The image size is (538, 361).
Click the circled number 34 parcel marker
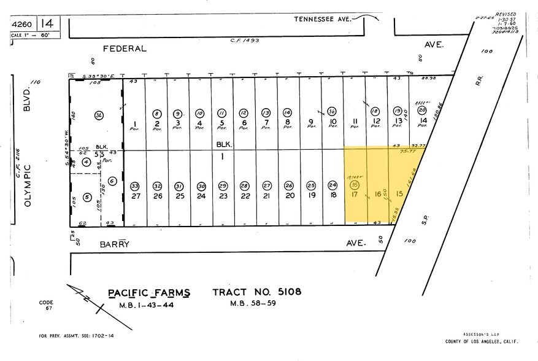point(99,115)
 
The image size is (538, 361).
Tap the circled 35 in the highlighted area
point(354,185)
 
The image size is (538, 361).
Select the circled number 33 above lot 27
point(134,186)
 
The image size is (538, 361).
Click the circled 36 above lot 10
point(332,112)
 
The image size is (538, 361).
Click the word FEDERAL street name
point(125,48)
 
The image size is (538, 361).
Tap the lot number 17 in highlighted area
point(354,195)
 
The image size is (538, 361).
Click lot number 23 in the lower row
point(223,196)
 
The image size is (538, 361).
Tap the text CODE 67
point(46,306)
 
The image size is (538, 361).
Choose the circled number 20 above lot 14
point(421,111)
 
